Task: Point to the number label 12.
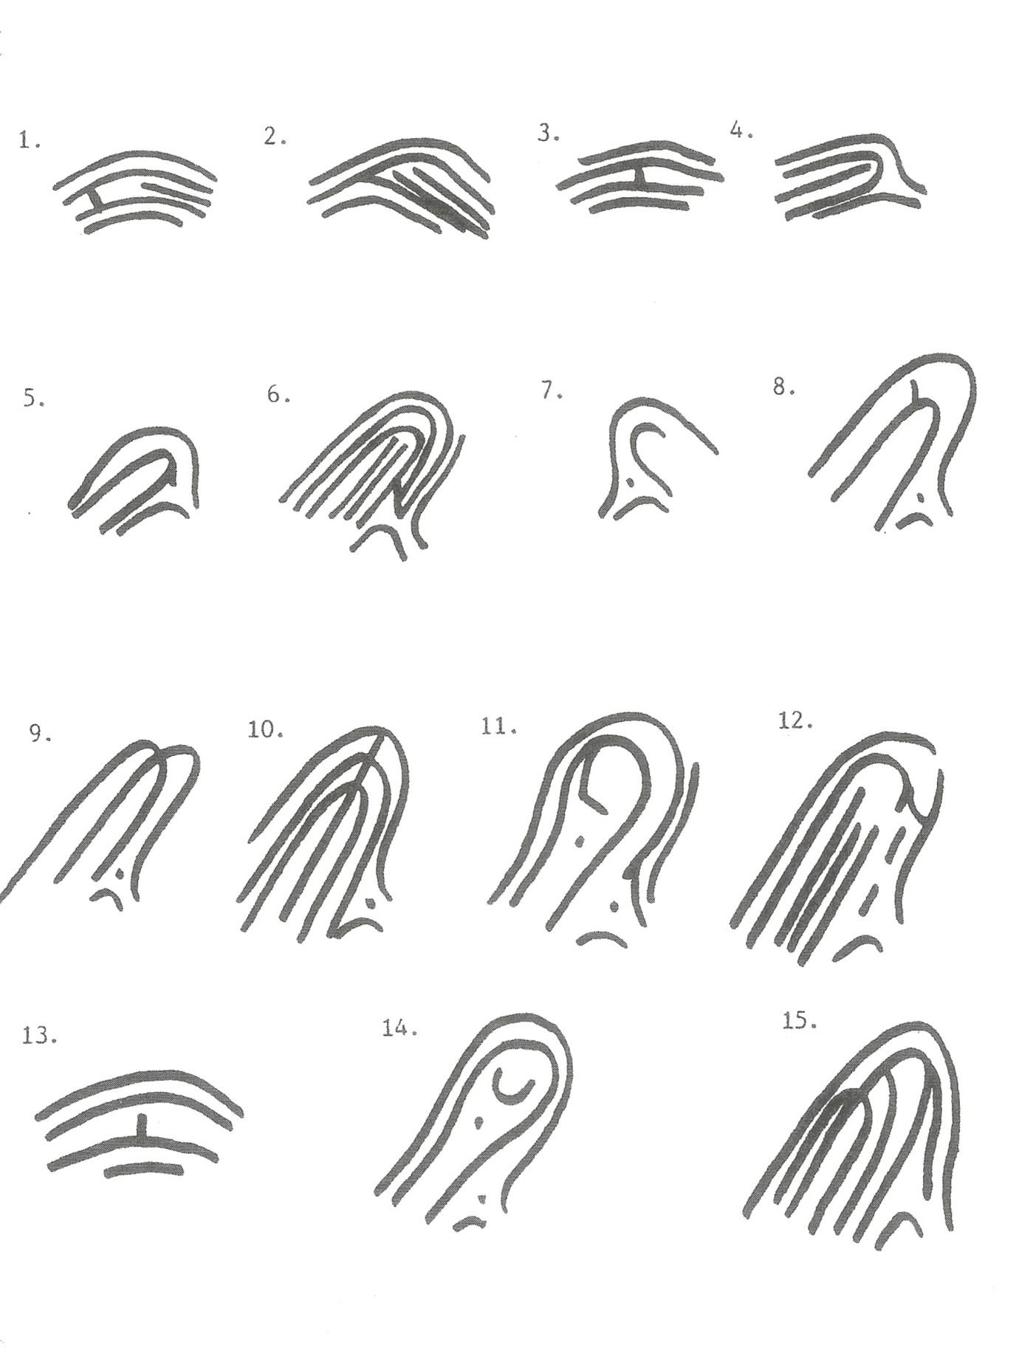795,721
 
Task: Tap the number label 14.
399,1028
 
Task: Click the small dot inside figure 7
629,482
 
